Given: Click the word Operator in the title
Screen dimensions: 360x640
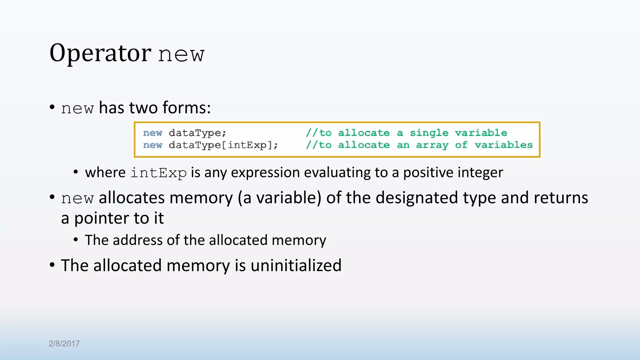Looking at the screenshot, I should [x=100, y=53].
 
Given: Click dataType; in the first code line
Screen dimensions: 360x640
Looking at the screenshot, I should [x=197, y=133].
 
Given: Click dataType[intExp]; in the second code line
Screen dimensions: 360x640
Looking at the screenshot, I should [x=223, y=145].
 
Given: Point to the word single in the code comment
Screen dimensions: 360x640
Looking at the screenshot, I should [x=429, y=133].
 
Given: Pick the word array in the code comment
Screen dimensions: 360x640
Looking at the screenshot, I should [x=432, y=145].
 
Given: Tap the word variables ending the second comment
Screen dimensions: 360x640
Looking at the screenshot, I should [x=503, y=145].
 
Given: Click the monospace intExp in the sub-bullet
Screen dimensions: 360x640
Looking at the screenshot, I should [x=158, y=173].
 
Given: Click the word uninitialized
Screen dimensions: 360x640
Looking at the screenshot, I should [x=296, y=266].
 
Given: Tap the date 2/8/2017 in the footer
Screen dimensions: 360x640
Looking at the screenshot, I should [x=64, y=343].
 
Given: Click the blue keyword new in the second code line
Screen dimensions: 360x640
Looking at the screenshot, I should [x=152, y=145].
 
